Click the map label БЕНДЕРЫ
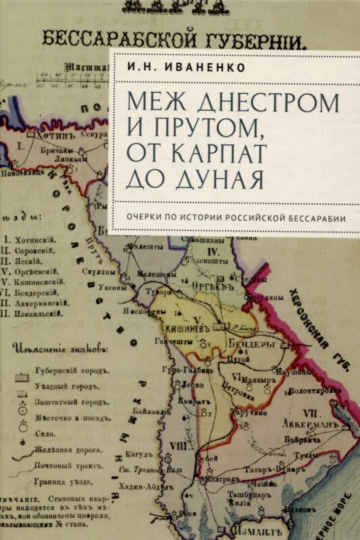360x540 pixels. (253, 344)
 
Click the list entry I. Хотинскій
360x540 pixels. (30, 240)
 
